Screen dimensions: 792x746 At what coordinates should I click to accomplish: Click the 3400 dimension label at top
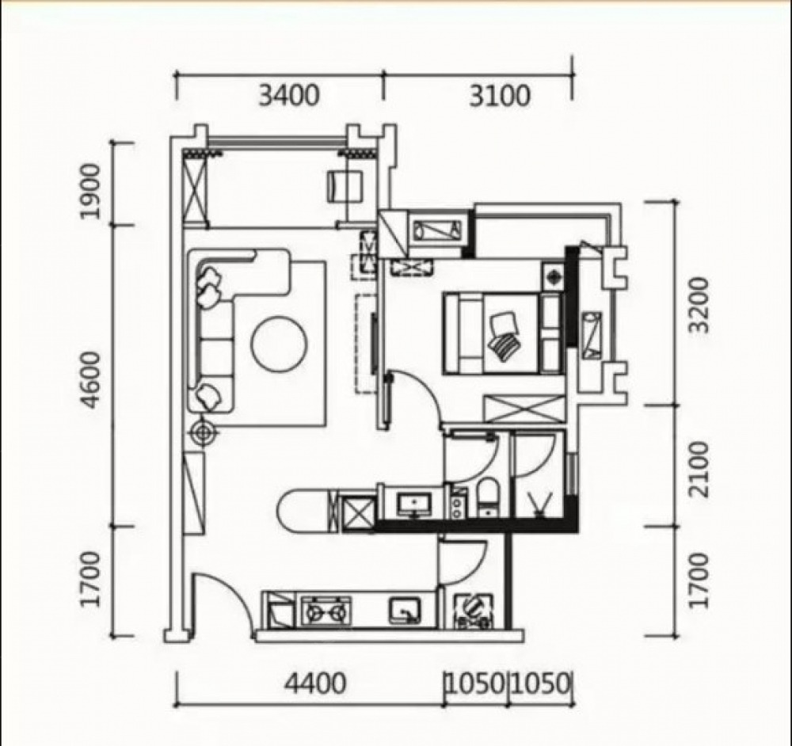click(x=289, y=95)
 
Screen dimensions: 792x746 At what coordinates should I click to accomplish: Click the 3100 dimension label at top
click(x=500, y=95)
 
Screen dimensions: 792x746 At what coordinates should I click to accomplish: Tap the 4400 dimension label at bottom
click(x=315, y=683)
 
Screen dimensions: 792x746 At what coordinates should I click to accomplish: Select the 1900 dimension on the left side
click(x=91, y=191)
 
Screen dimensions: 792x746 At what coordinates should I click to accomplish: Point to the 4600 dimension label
click(x=93, y=380)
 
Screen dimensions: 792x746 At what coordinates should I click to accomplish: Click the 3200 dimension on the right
click(x=700, y=305)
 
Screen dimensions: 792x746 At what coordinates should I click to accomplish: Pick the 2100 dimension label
click(x=700, y=470)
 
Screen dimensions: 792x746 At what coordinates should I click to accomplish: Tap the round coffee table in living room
click(x=279, y=344)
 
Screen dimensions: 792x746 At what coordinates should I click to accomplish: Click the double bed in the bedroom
click(x=503, y=333)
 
